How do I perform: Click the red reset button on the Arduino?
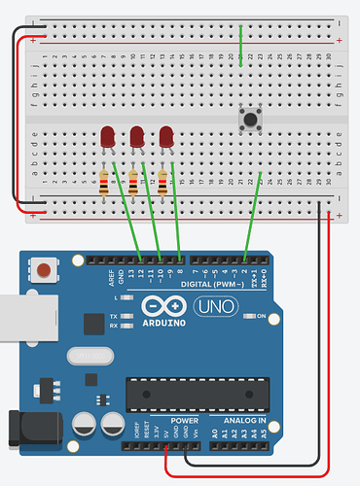coord(43,269)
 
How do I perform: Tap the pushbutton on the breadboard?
coord(249,120)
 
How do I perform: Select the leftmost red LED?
coord(107,137)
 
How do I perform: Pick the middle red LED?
coord(138,137)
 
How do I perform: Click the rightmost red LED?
coord(167,137)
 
